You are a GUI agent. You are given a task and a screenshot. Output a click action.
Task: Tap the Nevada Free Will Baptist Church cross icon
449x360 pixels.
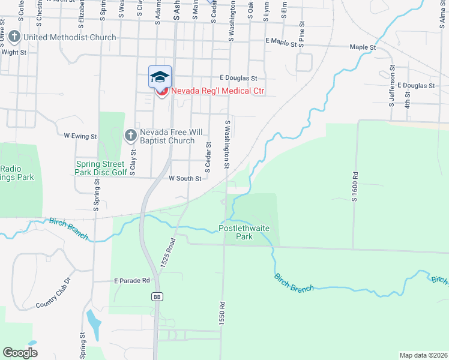point(130,136)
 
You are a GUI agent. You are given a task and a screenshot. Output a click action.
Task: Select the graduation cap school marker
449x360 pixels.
point(160,76)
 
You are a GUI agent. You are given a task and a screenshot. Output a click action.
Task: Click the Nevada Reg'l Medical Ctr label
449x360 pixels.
point(218,91)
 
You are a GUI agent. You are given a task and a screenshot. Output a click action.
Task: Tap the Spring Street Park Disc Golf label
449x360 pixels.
point(101,168)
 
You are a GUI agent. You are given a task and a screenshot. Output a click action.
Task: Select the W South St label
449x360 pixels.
point(184,178)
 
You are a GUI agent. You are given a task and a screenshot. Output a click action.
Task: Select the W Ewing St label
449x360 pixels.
point(80,136)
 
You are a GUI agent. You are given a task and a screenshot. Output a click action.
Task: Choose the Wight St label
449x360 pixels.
point(14,52)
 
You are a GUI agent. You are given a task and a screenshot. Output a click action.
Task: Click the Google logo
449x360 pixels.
point(20,352)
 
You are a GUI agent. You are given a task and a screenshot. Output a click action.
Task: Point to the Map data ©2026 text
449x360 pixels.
point(423,355)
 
